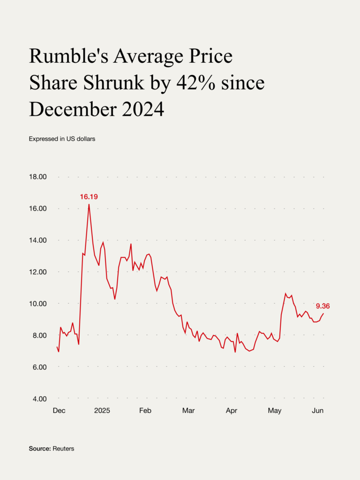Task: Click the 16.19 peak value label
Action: (x=89, y=197)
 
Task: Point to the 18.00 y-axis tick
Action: (x=39, y=177)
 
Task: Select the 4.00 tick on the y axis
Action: (x=39, y=399)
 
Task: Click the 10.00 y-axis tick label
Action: (x=39, y=304)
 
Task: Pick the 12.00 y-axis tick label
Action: (x=39, y=272)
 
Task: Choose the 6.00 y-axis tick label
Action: (x=39, y=367)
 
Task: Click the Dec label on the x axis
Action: (x=59, y=411)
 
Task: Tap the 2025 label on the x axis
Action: (x=102, y=411)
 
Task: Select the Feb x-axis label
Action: (x=145, y=411)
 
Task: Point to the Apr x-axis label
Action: (x=232, y=411)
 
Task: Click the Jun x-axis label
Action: (x=318, y=411)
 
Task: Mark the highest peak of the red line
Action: (x=89, y=204)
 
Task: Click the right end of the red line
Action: (x=323, y=314)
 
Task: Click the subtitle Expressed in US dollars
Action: (x=62, y=139)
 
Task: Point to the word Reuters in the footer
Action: (x=63, y=449)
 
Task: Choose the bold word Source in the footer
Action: (x=39, y=449)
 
